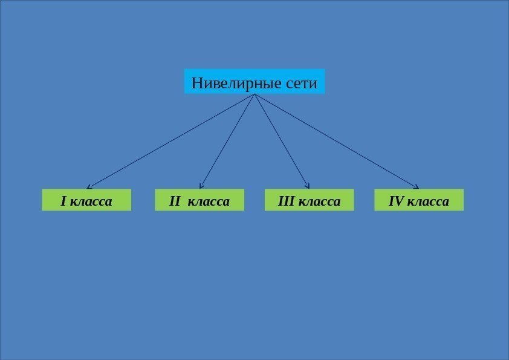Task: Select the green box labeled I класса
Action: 86,200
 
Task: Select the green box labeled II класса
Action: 199,200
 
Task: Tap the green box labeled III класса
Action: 310,200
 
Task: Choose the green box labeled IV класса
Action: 419,200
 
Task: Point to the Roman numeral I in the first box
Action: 63,200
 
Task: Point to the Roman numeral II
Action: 175,200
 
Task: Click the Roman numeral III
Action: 285,200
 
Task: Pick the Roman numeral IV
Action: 396,200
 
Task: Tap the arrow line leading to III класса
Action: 282,141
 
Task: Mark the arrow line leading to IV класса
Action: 337,141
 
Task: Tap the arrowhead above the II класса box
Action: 201,186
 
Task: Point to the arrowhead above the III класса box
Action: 308,186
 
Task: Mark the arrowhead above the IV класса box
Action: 417,186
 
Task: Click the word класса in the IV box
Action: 429,200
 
